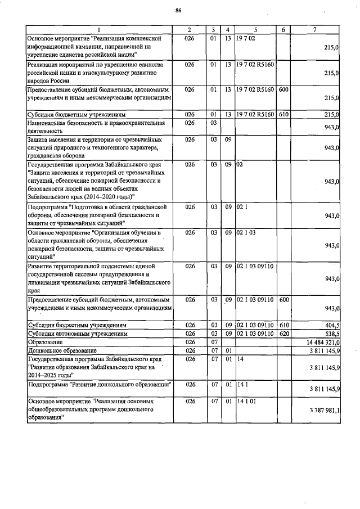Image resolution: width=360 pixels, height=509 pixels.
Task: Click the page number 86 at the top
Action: tap(178, 11)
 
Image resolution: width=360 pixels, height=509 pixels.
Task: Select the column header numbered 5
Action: tap(255, 29)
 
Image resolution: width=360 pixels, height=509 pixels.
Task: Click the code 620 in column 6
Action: tap(284, 334)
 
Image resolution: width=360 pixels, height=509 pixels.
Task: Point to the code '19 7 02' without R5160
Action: tap(246, 38)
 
